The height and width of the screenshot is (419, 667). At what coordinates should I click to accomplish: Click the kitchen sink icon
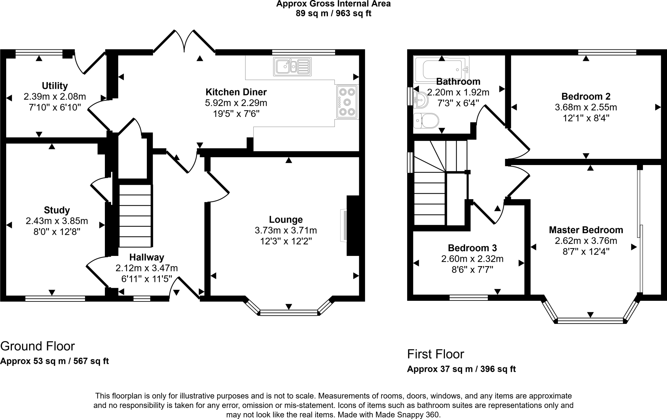292,66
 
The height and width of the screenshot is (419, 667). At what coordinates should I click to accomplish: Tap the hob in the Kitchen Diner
348,102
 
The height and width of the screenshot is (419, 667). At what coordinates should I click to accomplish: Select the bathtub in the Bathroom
441,69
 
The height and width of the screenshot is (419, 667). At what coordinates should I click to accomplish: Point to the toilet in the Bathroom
426,121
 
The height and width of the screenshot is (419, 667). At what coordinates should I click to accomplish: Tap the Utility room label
55,86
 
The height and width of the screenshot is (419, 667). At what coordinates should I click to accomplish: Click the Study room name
57,210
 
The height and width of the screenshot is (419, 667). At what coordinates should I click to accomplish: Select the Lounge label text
286,220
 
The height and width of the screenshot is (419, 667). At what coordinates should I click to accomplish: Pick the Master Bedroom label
586,230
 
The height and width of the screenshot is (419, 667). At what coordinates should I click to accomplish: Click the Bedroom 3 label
472,248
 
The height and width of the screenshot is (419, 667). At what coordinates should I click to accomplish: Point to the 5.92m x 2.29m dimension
236,103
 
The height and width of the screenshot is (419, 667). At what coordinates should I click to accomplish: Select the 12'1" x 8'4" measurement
586,118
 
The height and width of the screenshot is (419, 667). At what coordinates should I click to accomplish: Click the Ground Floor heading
37,346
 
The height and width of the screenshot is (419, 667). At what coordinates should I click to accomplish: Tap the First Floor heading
435,354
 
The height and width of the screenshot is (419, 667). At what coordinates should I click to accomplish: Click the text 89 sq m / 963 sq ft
333,14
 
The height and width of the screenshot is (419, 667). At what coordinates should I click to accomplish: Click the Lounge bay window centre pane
289,313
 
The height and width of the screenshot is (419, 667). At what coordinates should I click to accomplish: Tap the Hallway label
147,258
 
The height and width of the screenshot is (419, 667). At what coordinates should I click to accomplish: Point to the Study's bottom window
55,299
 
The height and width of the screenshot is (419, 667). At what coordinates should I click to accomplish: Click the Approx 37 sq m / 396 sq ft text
461,369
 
